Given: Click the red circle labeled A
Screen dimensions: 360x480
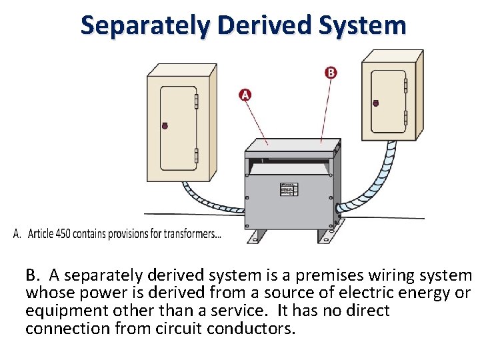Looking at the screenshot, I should click(x=245, y=95).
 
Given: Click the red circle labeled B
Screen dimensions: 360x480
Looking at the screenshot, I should click(x=331, y=72).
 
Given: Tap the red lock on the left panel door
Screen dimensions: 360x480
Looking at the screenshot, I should click(x=165, y=125).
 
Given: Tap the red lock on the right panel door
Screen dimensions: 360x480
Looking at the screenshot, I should click(x=375, y=103).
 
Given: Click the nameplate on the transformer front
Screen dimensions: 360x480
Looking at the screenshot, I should click(x=289, y=189).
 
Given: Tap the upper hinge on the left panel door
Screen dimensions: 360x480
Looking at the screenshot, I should click(x=196, y=100).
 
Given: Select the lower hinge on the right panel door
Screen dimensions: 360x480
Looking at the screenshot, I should click(x=405, y=118).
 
